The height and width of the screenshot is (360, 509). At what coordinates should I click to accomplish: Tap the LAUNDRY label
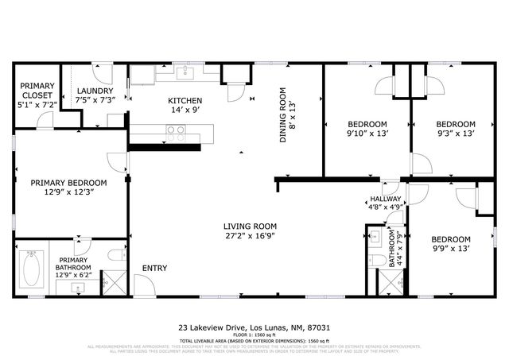click(x=95, y=91)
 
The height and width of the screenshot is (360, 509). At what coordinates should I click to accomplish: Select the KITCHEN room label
click(x=185, y=100)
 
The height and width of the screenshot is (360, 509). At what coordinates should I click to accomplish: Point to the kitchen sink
click(x=185, y=74)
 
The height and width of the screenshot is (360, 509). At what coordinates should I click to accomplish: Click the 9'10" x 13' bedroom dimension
click(x=367, y=134)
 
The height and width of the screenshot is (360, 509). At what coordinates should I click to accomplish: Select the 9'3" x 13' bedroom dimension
click(x=456, y=134)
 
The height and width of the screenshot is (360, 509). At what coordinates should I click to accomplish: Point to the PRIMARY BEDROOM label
click(x=68, y=182)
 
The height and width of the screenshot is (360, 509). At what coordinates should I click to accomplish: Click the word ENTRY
click(x=154, y=268)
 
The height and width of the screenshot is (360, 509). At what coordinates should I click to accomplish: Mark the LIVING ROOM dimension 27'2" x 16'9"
click(x=249, y=236)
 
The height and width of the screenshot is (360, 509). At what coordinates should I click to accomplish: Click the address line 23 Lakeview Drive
click(x=254, y=327)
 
